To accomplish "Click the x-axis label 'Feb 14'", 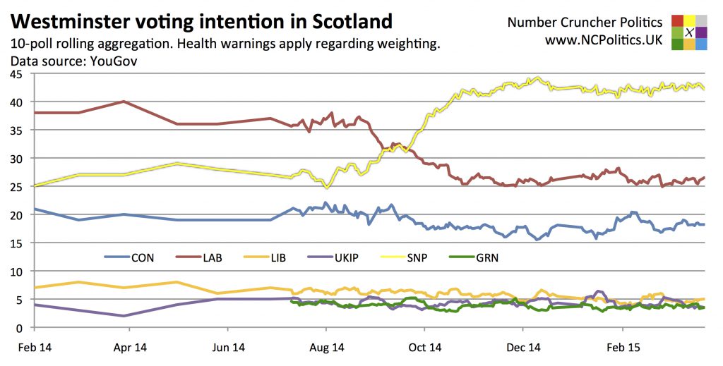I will pyautogui.click(x=34, y=347).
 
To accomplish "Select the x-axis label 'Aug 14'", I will pyautogui.click(x=327, y=347).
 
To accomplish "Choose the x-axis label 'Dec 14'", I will pyautogui.click(x=524, y=347).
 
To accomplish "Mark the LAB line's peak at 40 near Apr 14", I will pyautogui.click(x=124, y=102).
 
